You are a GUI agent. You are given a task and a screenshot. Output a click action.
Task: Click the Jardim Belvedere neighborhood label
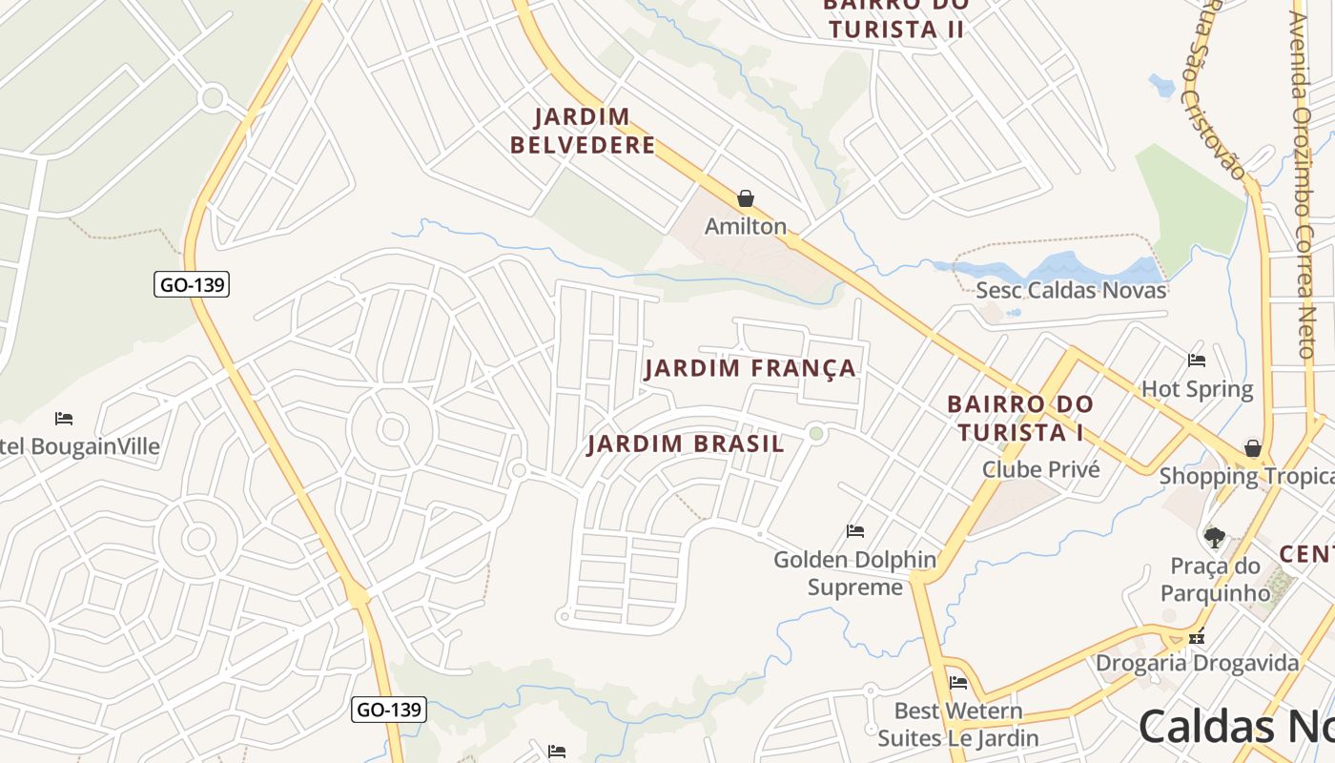click(x=583, y=132)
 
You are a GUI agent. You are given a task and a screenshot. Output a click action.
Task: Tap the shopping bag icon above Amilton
click(x=746, y=198)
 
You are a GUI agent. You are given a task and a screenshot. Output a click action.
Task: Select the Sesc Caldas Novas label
click(x=1071, y=290)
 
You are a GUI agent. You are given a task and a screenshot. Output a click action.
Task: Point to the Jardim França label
click(x=750, y=368)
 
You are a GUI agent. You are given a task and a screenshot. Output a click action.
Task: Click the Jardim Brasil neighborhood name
click(x=686, y=444)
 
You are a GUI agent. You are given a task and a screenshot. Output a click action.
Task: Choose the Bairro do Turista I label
click(x=1020, y=418)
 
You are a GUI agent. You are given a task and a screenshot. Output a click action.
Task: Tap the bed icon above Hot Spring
click(x=1197, y=361)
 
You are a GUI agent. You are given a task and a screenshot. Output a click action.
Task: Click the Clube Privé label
click(x=1040, y=469)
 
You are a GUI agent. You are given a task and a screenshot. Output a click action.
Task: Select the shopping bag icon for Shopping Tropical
click(x=1253, y=448)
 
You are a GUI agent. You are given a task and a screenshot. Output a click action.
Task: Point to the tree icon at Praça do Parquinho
click(x=1214, y=538)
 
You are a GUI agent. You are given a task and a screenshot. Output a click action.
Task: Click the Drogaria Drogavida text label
click(x=1197, y=663)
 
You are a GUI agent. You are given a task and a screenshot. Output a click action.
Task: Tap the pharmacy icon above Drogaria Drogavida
click(x=1198, y=636)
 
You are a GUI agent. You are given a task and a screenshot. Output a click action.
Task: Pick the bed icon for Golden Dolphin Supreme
click(x=855, y=531)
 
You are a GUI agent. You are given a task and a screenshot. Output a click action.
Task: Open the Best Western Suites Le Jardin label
click(x=957, y=725)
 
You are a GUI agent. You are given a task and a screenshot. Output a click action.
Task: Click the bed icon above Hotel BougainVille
click(x=64, y=419)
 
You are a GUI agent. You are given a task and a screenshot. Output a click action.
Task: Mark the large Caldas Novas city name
click(x=1236, y=727)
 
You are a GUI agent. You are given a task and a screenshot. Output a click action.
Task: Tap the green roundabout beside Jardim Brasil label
click(x=815, y=434)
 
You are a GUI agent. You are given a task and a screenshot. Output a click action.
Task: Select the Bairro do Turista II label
click(x=895, y=19)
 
